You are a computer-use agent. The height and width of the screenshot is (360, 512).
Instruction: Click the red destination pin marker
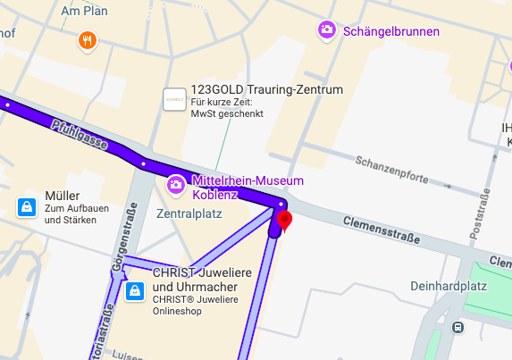click(285, 220)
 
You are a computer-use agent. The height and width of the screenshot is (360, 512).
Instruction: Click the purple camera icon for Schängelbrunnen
click(328, 30)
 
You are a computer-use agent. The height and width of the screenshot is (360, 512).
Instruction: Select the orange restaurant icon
click(87, 39)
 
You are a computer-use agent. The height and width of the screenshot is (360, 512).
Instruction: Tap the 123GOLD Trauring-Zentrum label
click(267, 90)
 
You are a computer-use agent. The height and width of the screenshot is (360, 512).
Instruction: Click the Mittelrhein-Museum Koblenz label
click(248, 187)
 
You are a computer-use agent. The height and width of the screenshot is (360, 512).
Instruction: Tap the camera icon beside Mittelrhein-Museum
click(177, 185)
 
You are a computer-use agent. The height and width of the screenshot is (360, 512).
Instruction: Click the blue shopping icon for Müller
click(27, 207)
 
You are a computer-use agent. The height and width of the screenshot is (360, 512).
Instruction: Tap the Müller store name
click(63, 196)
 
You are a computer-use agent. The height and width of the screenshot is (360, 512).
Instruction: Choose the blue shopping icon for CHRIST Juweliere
click(135, 290)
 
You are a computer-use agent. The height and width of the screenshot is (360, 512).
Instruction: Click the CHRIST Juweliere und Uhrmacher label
click(200, 279)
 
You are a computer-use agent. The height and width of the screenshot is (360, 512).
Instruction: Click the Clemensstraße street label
click(379, 215)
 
